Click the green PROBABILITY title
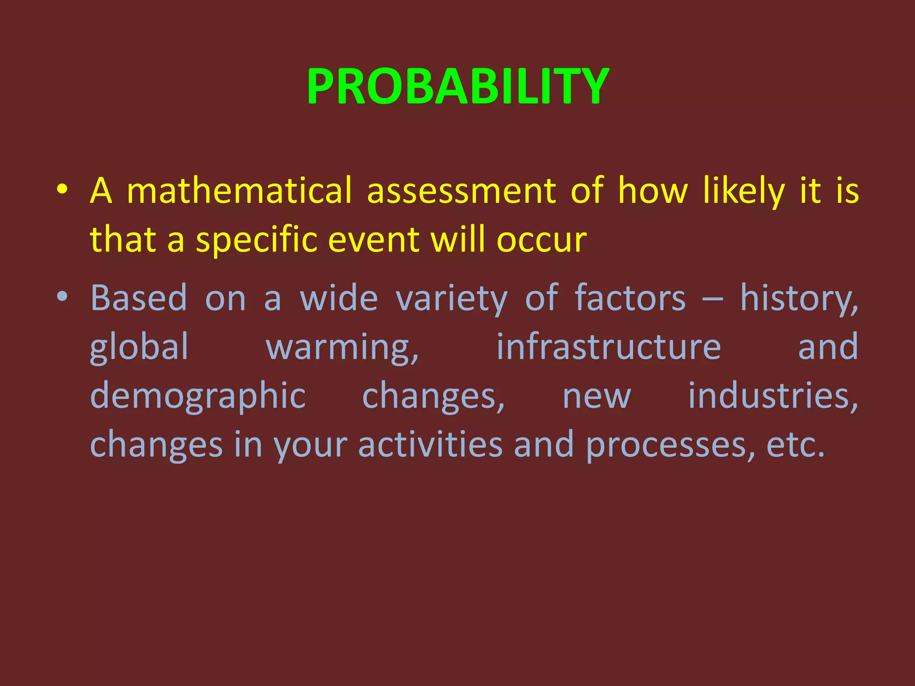click(x=457, y=86)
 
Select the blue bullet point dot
click(x=62, y=296)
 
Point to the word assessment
click(x=462, y=191)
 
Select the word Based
click(x=139, y=298)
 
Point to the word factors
click(x=630, y=298)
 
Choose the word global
click(x=139, y=347)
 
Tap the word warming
click(x=342, y=347)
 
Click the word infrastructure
click(x=609, y=347)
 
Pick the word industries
click(x=772, y=396)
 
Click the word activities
click(x=430, y=445)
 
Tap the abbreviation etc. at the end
click(x=795, y=445)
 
